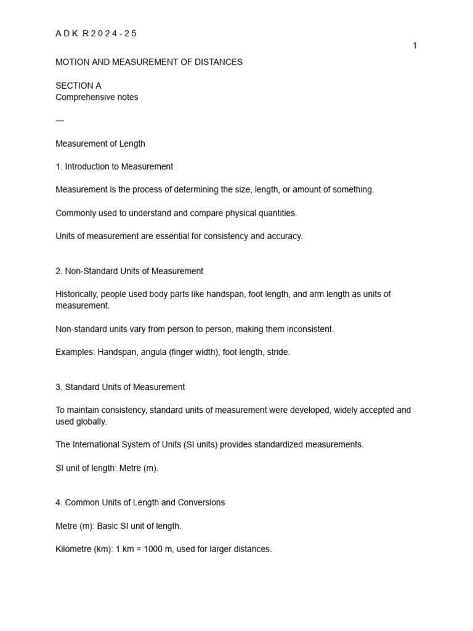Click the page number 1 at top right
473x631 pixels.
pyautogui.click(x=415, y=46)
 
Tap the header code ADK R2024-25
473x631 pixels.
pyautogui.click(x=96, y=34)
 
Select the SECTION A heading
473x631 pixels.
pyautogui.click(x=78, y=86)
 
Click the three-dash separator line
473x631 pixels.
pyautogui.click(x=60, y=121)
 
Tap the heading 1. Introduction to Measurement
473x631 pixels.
pyautogui.click(x=114, y=166)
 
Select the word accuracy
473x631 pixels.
pyautogui.click(x=283, y=237)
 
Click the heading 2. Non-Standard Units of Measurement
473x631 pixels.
pyautogui.click(x=129, y=271)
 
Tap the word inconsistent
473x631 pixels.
pyautogui.click(x=309, y=329)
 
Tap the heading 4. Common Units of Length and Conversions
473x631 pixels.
pyautogui.click(x=140, y=503)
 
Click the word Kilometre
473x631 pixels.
pyautogui.click(x=75, y=549)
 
